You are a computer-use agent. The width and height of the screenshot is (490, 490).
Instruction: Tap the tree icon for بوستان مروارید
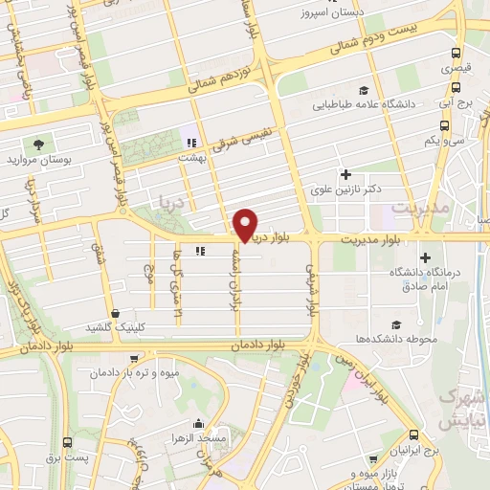pos(37,144)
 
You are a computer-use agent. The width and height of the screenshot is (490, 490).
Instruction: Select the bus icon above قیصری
pos(456,54)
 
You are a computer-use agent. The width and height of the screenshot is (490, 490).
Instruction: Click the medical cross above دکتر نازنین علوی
pos(345,175)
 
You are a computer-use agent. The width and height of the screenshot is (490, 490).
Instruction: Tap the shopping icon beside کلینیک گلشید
pos(116,312)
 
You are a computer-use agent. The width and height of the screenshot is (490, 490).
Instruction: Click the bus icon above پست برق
pos(66,442)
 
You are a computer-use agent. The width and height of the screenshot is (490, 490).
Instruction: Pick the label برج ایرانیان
pos(417,449)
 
